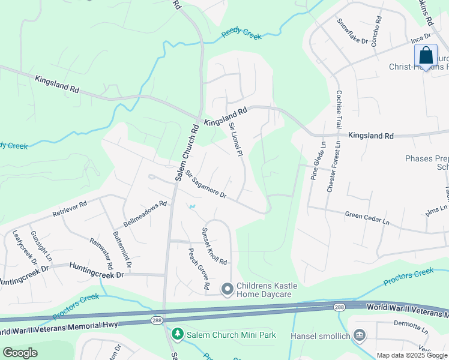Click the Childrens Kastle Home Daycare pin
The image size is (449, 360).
point(228,290)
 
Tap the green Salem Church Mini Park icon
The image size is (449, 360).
point(177,333)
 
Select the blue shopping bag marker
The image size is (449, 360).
point(426,56)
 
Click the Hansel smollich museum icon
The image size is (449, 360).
point(360,335)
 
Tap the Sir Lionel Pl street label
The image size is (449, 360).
point(235,140)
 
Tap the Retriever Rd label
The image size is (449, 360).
point(70,208)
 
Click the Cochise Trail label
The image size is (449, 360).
point(339,108)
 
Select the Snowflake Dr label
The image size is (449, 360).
point(352,31)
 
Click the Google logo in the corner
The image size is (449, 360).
point(20,353)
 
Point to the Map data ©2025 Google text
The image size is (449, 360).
point(411,355)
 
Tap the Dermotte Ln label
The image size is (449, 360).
point(411,327)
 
